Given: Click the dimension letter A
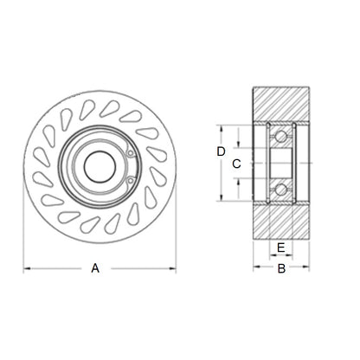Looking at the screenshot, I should [95, 269].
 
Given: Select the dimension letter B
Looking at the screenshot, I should [280, 269].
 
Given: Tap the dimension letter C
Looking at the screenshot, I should [236, 163].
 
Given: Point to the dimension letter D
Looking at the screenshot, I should [221, 151].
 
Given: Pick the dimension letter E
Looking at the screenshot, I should [280, 247].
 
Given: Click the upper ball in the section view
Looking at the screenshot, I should [280, 136].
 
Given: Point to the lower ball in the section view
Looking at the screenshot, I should [280, 190].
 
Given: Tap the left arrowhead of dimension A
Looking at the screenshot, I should [26, 269].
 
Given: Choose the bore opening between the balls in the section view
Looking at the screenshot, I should [280, 163].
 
